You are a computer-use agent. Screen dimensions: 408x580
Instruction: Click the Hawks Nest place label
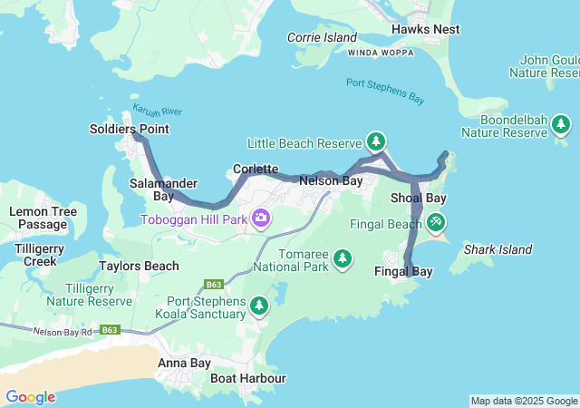point(425,29)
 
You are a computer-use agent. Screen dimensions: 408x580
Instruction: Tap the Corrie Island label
point(322,37)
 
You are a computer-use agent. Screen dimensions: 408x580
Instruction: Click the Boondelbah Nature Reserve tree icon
point(562,124)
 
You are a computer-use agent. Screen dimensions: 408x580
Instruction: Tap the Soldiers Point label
point(129,130)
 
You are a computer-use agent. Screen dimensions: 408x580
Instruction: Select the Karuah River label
point(157,112)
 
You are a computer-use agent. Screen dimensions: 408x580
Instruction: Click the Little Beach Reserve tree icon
point(376,141)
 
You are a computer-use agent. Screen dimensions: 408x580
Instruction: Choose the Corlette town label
point(255,169)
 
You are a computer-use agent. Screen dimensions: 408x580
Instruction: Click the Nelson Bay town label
point(331,181)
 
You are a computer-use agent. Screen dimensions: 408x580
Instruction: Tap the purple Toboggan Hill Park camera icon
point(261,218)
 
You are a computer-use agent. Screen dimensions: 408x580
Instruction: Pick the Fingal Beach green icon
point(436,221)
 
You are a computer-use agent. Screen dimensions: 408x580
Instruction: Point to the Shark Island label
point(498,249)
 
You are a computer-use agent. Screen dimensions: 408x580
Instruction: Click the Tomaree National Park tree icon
point(343,259)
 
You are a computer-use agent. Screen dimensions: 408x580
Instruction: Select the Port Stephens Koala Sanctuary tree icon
point(259,306)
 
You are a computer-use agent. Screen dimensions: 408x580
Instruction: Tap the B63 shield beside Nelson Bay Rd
point(110,329)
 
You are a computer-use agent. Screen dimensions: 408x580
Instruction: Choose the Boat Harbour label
point(248,378)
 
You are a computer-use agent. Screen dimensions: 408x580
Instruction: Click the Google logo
point(30,396)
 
